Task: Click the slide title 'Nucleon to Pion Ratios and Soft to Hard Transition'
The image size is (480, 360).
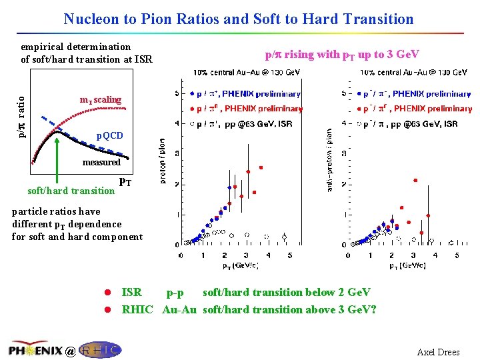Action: [239, 19]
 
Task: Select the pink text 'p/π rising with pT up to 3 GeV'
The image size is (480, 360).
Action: [342, 54]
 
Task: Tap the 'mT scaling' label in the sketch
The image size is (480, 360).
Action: [101, 100]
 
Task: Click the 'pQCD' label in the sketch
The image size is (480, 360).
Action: [110, 136]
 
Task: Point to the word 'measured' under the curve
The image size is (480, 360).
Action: [101, 162]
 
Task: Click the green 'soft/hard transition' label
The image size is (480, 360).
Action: [71, 191]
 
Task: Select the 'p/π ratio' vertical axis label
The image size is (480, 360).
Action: [22, 117]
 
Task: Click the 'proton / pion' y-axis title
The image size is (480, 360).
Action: [162, 161]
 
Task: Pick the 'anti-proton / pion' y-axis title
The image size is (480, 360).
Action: [329, 161]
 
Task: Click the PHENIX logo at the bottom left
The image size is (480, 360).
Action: [35, 350]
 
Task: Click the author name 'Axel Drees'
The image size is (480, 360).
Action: [438, 352]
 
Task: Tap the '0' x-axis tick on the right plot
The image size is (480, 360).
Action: [345, 255]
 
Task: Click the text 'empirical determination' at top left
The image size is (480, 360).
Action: [75, 47]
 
